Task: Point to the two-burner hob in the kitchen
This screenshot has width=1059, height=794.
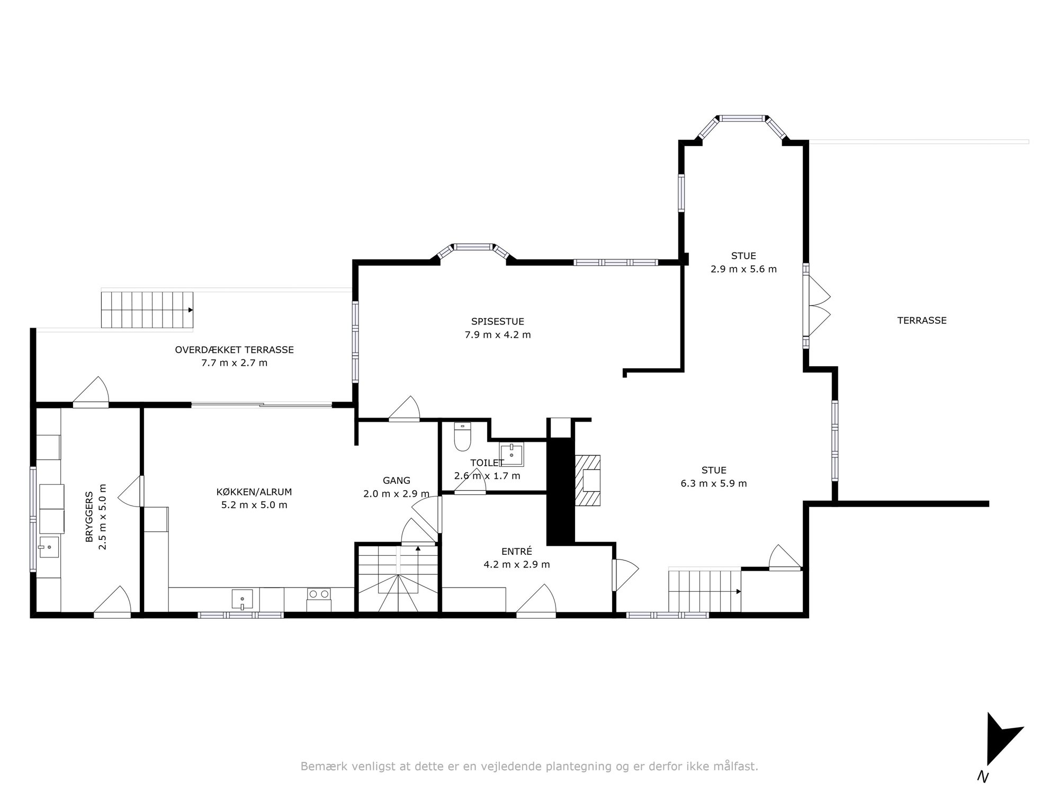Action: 319,594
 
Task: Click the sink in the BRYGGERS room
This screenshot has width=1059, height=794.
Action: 49,546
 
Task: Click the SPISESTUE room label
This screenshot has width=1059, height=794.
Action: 498,321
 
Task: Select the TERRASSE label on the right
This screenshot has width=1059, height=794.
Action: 922,320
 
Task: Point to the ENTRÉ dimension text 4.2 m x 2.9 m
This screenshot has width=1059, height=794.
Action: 517,564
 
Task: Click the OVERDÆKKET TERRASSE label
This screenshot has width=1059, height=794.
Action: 234,350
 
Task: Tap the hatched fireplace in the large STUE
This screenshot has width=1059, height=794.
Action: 589,481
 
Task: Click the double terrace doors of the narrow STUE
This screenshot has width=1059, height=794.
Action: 816,306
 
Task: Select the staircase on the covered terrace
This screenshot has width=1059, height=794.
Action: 147,310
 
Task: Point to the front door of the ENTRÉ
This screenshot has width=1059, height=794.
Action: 536,602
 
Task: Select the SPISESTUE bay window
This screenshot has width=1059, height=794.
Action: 473,251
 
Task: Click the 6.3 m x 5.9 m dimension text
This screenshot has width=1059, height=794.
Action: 714,483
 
